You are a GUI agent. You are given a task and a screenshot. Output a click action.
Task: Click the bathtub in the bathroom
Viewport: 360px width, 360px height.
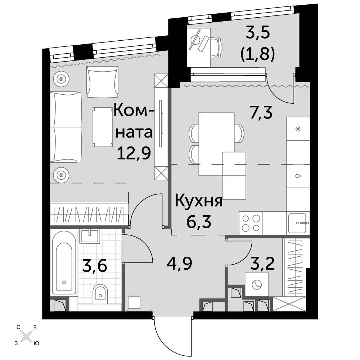click(64, 262)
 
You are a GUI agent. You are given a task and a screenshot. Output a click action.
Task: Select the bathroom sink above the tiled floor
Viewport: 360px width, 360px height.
click(90, 236)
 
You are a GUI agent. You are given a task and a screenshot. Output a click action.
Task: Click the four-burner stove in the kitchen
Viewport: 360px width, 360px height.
click(251, 223)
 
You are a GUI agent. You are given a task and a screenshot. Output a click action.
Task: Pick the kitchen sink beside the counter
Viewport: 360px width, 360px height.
click(298, 223)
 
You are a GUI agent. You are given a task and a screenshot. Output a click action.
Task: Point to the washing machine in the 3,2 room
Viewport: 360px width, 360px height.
click(257, 284)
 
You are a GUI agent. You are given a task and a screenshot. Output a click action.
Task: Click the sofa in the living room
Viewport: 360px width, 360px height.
click(66, 127)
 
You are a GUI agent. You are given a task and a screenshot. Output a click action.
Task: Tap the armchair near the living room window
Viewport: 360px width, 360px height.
click(102, 82)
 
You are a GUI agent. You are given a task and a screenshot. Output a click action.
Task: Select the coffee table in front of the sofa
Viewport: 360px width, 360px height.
click(103, 127)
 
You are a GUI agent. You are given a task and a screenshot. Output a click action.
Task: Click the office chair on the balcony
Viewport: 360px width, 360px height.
click(217, 48)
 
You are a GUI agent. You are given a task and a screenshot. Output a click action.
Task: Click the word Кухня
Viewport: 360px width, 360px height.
click(199, 202)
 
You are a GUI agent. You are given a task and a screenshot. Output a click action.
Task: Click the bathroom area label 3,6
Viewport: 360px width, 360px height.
click(95, 266)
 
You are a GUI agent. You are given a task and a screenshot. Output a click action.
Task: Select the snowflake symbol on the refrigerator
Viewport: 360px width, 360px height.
click(298, 129)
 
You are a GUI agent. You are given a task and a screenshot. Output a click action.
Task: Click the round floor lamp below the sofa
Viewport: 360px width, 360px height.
click(61, 175)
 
